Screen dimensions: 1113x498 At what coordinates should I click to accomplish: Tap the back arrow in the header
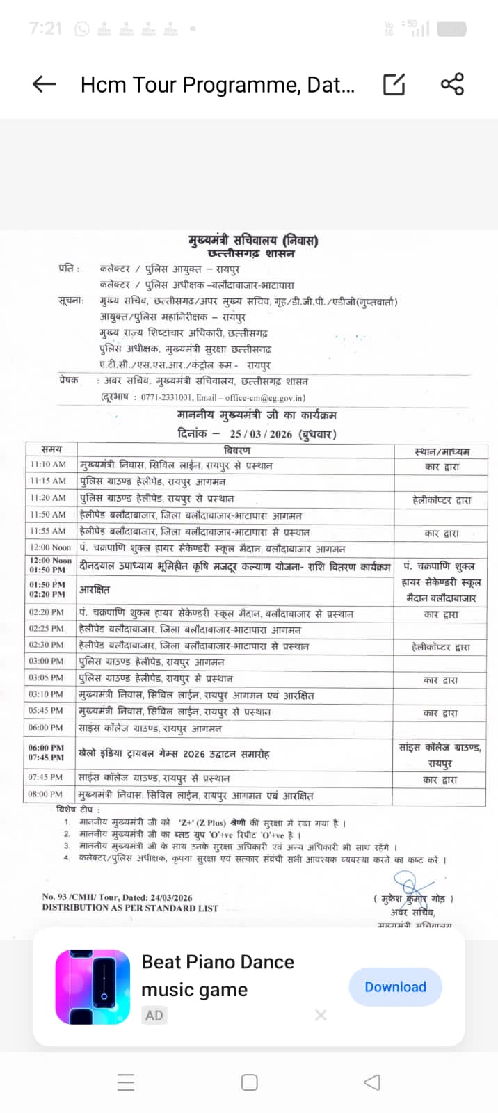coord(44,84)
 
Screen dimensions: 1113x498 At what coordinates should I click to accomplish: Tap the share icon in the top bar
coord(452,84)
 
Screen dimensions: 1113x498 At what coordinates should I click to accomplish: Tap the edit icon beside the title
coord(394,84)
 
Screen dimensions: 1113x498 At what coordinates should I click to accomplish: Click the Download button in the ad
coord(395,986)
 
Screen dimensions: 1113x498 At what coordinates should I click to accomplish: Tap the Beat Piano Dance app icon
coord(93,986)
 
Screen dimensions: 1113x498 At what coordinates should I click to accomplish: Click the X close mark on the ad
coord(321,1015)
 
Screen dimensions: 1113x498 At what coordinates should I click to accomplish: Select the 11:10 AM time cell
coord(48,464)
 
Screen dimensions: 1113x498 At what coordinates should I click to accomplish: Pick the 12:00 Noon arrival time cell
coord(50,547)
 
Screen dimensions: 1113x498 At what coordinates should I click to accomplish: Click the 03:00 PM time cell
coord(46,661)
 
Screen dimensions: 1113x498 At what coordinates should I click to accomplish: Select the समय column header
coord(51,449)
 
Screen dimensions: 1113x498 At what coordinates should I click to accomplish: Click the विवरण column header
coord(236,450)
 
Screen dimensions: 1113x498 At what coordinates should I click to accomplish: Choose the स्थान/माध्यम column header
coord(442,451)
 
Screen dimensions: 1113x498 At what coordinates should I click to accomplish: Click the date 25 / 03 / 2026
coord(261,434)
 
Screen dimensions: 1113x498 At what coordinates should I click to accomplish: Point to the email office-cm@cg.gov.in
coord(265,398)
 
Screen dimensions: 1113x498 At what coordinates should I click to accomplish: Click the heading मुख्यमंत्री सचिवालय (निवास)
coord(253,241)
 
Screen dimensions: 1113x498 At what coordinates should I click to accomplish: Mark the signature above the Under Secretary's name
coord(413,890)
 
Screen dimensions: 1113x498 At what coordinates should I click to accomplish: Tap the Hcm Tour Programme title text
coord(218,84)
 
